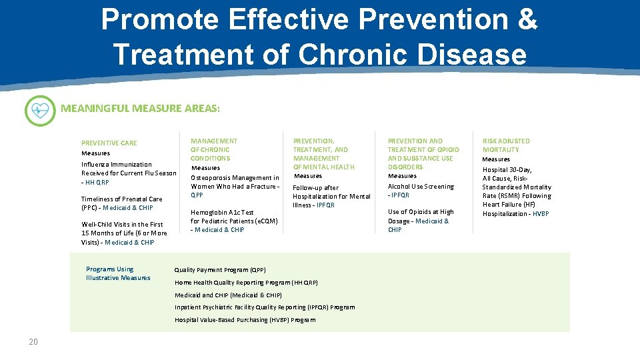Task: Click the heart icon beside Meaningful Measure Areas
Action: point(40,111)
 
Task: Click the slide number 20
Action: point(33,342)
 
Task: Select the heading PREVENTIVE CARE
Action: point(109,143)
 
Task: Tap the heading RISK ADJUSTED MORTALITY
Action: point(506,145)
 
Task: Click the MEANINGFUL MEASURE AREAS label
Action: point(140,107)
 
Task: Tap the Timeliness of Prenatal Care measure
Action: point(121,199)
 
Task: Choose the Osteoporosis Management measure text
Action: point(235,182)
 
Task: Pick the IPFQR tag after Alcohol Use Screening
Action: point(401,195)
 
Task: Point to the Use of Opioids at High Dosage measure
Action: point(420,212)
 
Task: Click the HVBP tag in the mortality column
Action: point(541,214)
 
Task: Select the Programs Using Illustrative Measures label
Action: point(118,273)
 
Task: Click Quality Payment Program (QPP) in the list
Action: point(220,270)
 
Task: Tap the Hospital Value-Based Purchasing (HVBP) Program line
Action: point(245,320)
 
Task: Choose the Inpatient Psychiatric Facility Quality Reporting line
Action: point(265,307)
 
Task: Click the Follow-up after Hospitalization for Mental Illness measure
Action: point(331,197)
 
